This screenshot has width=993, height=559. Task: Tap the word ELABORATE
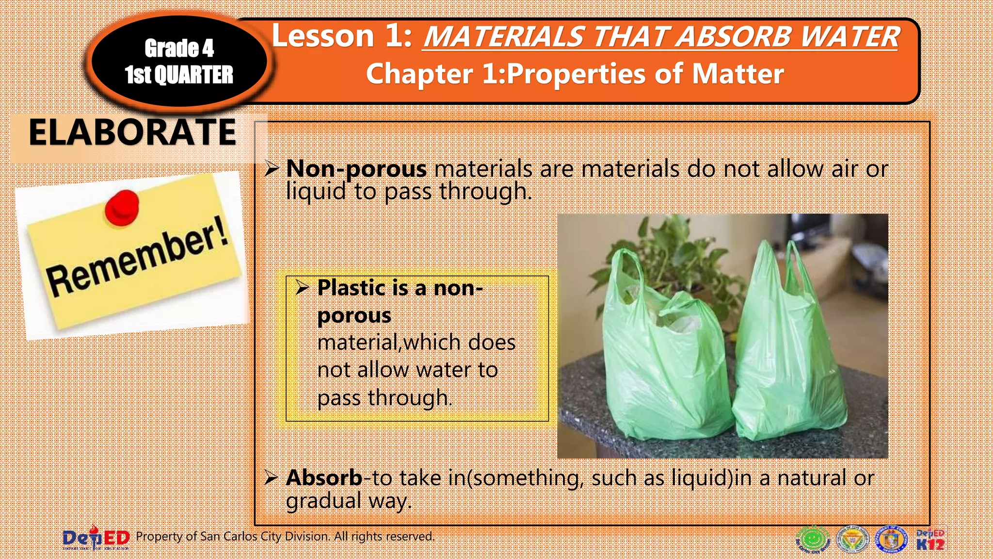click(x=132, y=132)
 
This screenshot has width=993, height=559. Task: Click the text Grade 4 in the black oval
click(x=179, y=48)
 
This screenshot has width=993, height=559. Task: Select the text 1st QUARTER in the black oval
click(x=179, y=75)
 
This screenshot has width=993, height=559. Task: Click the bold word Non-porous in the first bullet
click(x=356, y=169)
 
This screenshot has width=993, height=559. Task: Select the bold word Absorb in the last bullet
click(x=324, y=478)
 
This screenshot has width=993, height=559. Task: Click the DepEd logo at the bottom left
click(x=96, y=539)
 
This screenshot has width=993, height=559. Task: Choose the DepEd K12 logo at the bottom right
click(x=930, y=540)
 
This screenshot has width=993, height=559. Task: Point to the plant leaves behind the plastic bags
click(x=679, y=252)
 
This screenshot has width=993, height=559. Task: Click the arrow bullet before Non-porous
click(x=272, y=169)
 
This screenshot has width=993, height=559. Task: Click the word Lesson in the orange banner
click(x=323, y=36)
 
